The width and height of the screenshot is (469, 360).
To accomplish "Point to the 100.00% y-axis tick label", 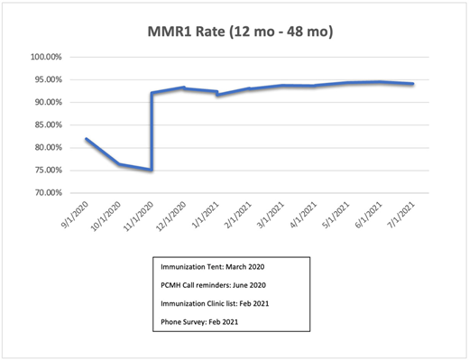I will pyautogui.click(x=44, y=57).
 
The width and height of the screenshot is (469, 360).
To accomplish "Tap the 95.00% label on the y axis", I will pyautogui.click(x=46, y=79).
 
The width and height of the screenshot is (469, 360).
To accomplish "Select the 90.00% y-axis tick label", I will pyautogui.click(x=46, y=102).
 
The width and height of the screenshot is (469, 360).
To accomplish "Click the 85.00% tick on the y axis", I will pyautogui.click(x=46, y=125).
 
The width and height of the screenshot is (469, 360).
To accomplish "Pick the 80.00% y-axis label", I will pyautogui.click(x=46, y=147).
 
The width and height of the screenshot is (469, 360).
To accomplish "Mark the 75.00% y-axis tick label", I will pyautogui.click(x=46, y=170).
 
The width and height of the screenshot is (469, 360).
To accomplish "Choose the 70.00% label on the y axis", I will pyautogui.click(x=46, y=192).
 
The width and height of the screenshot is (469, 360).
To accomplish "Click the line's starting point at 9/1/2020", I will pyautogui.click(x=86, y=139).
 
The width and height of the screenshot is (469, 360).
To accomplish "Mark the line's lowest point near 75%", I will pyautogui.click(x=151, y=170).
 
